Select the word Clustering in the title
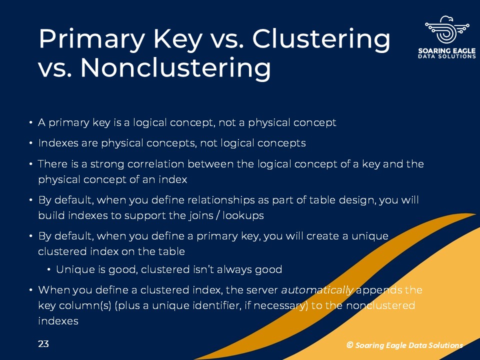coord(321,39)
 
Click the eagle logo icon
coord(447,30)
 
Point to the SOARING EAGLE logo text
coord(447,50)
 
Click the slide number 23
coord(43,344)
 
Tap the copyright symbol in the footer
coord(349,345)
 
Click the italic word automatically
coord(317,290)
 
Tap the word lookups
coord(243,215)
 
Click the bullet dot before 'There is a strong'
coord(31,164)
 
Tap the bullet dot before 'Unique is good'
coord(49,269)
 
